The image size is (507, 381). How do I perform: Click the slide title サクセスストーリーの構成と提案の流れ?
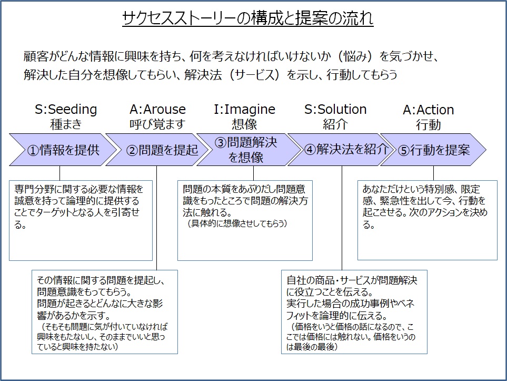(247, 18)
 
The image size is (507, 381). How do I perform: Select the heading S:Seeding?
(66, 110)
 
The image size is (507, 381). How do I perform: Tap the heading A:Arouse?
(157, 110)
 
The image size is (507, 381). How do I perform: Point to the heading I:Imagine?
(244, 110)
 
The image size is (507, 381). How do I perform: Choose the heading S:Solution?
(335, 110)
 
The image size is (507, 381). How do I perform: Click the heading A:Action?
(428, 110)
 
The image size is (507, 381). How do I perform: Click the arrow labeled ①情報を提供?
(63, 150)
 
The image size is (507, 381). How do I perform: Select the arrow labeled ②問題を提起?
(157, 150)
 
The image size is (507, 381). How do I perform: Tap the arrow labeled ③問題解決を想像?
(248, 150)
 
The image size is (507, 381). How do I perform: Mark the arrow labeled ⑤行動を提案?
(433, 150)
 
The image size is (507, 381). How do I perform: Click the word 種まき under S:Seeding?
(66, 124)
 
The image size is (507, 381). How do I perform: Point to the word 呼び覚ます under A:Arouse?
(157, 124)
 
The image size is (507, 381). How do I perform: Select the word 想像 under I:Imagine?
(244, 124)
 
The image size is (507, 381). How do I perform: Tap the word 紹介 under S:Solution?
(335, 124)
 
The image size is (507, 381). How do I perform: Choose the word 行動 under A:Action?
(428, 124)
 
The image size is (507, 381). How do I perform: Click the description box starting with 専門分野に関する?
(81, 220)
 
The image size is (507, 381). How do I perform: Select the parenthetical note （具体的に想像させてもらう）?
(235, 223)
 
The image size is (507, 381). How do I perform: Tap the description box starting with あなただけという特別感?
(427, 220)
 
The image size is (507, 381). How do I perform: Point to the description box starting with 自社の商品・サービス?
(354, 312)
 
